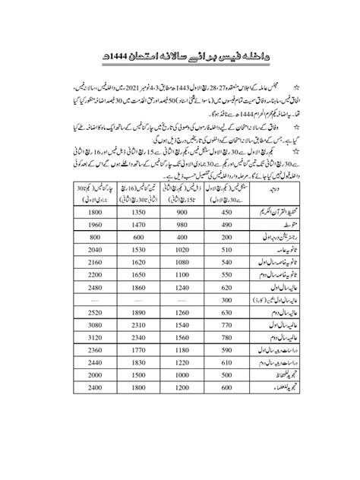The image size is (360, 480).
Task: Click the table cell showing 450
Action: coord(223,213)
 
